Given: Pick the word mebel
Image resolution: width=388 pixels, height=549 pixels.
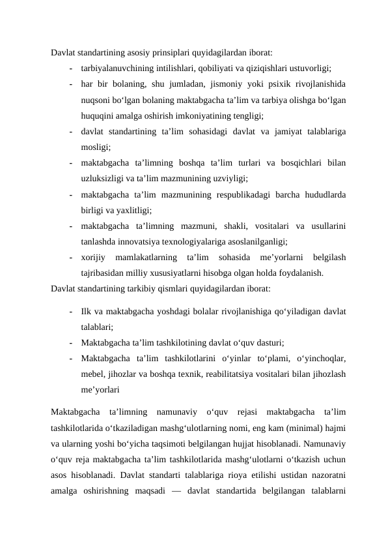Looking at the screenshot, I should (92, 374).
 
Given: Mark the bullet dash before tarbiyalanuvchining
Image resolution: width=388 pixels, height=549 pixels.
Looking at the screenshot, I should (68, 67).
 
